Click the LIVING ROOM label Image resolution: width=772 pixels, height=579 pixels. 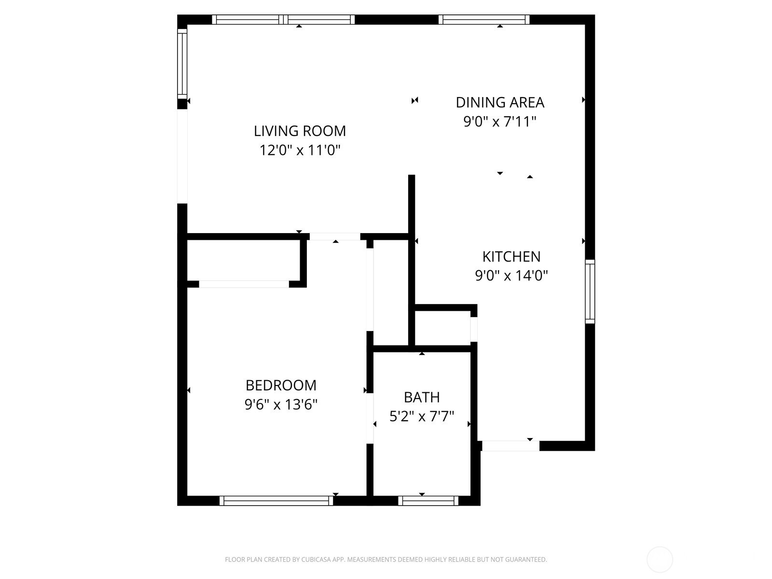300,131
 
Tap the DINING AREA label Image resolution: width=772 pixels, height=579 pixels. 500,103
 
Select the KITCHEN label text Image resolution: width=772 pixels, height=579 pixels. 511,257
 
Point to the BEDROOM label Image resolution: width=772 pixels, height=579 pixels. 281,386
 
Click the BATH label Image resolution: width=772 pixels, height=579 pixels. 422,397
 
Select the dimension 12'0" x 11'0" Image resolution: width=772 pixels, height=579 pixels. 300,151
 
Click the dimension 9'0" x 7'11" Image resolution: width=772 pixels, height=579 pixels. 500,122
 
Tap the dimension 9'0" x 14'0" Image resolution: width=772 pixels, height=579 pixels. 511,276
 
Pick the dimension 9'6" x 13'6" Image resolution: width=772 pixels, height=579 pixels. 281,405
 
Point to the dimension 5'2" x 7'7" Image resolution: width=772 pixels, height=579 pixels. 422,416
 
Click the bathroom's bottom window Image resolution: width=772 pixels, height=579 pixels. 428,501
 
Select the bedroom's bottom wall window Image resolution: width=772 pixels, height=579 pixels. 276,501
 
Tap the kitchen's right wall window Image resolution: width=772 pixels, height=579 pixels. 590,291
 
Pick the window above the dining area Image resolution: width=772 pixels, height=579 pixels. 484,20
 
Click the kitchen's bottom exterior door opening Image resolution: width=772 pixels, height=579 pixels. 510,446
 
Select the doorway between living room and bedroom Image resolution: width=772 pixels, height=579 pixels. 335,236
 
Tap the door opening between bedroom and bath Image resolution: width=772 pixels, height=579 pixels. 370,418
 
